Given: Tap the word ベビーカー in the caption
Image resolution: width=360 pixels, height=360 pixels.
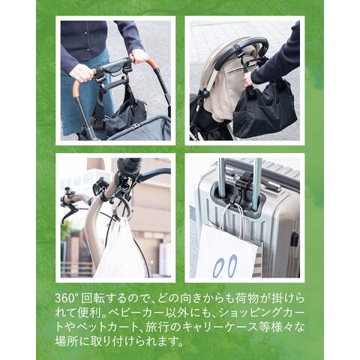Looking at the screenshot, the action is click(135, 313).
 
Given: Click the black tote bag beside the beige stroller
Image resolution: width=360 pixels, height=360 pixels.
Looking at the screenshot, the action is click(265, 110).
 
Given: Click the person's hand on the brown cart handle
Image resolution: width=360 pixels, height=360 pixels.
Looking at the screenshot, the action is click(80, 73).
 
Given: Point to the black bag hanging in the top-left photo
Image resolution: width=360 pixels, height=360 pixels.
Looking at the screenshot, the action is click(120, 112).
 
